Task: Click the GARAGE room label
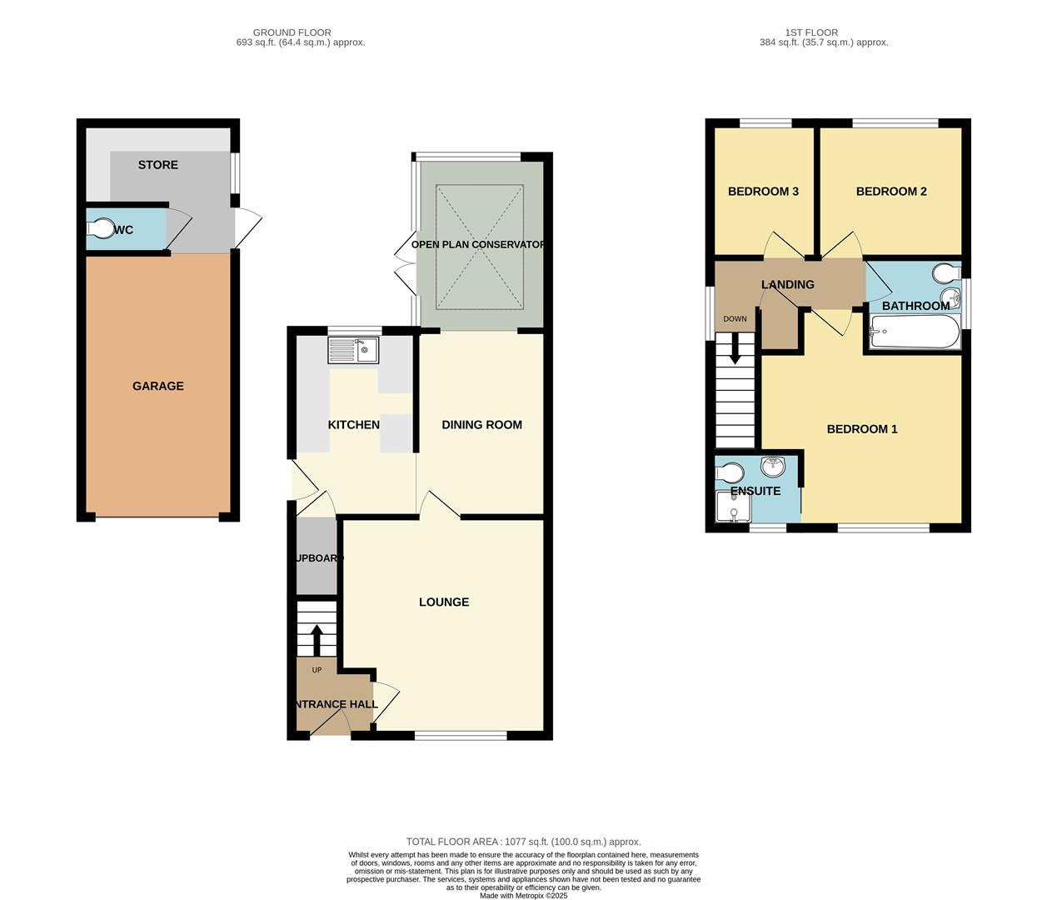(x=158, y=386)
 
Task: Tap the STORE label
(x=158, y=165)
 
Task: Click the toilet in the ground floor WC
(x=102, y=229)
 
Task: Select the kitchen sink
(x=353, y=350)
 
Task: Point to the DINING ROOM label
(x=481, y=425)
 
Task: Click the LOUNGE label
(x=444, y=602)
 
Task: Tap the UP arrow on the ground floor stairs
(x=317, y=640)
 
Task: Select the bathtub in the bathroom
(x=914, y=334)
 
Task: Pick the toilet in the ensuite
(x=730, y=473)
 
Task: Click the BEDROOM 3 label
(x=763, y=192)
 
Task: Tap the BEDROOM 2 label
(x=891, y=192)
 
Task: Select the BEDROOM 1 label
(x=862, y=429)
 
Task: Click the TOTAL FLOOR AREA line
(x=523, y=842)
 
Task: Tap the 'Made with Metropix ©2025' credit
(x=523, y=896)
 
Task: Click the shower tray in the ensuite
(x=733, y=508)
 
